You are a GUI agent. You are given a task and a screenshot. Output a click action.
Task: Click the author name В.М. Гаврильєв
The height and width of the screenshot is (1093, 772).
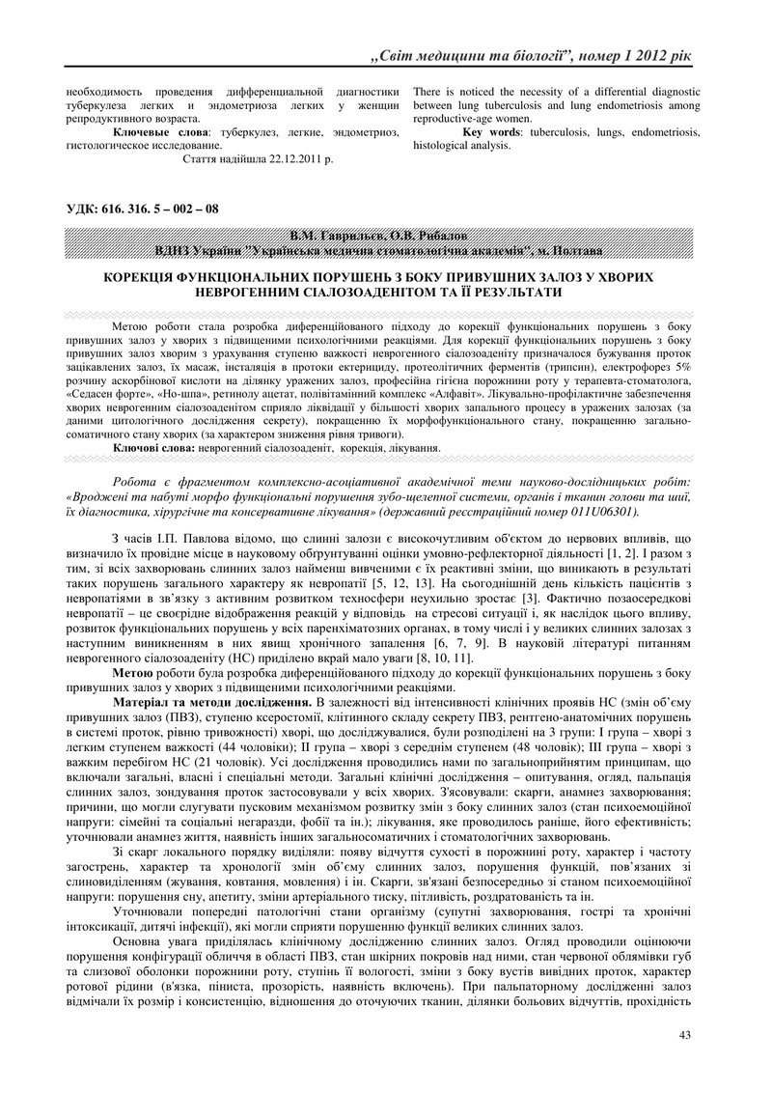point(333,236)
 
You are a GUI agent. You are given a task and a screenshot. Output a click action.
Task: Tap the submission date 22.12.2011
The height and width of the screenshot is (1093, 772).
point(290,158)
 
